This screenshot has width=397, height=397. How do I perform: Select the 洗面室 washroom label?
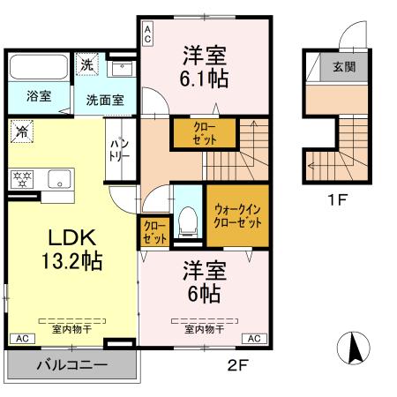point(105,99)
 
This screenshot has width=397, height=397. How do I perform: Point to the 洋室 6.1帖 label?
point(206,66)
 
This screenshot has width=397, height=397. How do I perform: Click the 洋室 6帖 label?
point(206,280)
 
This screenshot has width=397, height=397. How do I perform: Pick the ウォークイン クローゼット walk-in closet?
point(236,216)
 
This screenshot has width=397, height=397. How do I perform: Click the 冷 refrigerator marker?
point(20,132)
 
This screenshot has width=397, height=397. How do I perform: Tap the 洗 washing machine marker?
point(86,64)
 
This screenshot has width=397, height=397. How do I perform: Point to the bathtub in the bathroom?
point(41,67)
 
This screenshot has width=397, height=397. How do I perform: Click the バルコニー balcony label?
point(72,365)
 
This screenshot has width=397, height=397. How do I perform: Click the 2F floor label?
point(235,362)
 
